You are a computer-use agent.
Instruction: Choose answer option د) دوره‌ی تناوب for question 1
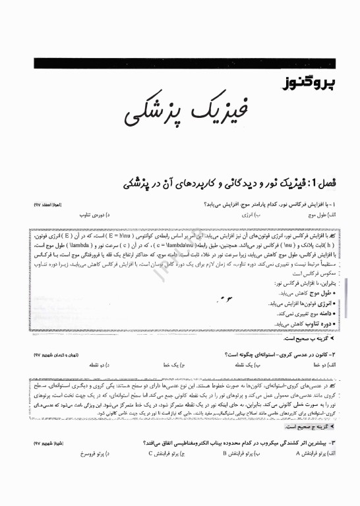(99, 215)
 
